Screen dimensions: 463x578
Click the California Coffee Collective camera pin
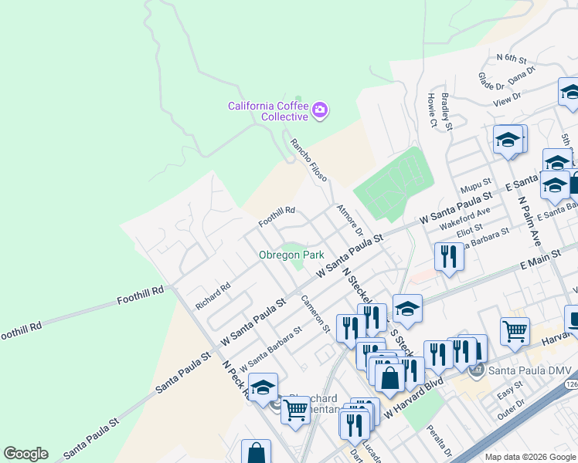coord(320,112)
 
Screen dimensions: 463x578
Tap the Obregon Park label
coord(291,255)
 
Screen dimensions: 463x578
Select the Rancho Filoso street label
coord(308,160)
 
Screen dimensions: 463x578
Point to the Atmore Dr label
coord(350,220)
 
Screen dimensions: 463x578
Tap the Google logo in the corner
coord(25,454)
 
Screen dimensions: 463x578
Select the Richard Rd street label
coord(213,296)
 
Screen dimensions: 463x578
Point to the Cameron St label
coord(315,314)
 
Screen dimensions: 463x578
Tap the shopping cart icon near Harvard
coord(515,330)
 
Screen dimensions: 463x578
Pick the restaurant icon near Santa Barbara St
coord(449,255)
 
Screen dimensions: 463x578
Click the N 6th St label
coord(512,59)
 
